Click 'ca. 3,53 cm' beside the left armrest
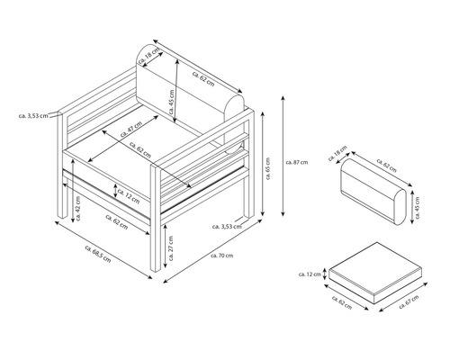tap(33, 115)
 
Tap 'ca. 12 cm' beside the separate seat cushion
tap(310, 274)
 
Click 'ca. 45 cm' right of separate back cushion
tap(415, 202)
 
